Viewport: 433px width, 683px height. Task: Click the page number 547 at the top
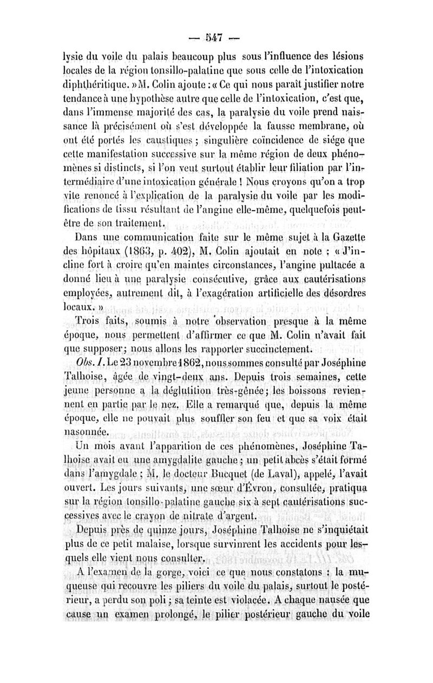[215, 38]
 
